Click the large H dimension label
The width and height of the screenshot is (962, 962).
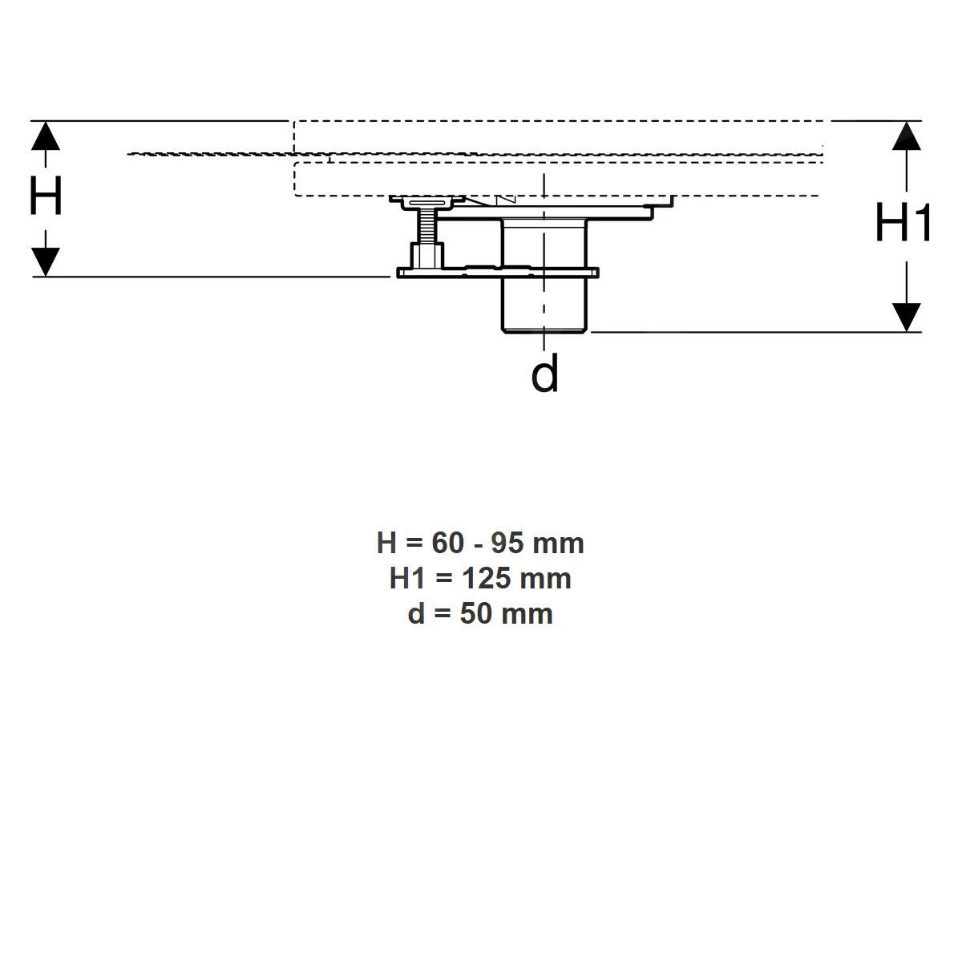point(46,196)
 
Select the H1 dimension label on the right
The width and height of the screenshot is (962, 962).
point(903,223)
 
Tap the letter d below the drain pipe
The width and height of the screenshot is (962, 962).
point(544,374)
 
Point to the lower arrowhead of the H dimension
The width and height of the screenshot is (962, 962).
point(46,261)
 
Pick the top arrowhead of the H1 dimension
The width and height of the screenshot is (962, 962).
point(906,135)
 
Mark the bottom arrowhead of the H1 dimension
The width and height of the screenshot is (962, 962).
point(906,317)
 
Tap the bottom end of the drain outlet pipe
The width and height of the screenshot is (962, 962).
point(544,329)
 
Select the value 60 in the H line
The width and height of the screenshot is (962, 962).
point(448,544)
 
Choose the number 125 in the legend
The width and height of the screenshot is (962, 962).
point(488,579)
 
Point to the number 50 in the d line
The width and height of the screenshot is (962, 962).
point(476,614)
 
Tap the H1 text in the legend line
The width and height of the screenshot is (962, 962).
point(408,579)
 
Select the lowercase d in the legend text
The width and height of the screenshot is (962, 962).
point(415,614)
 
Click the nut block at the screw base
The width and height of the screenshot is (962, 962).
point(425,256)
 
